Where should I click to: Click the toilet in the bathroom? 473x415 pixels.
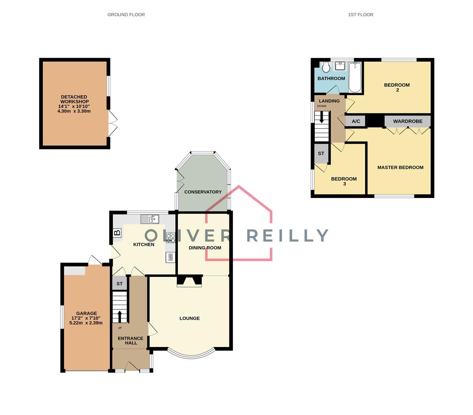326,67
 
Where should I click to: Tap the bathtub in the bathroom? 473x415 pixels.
355,77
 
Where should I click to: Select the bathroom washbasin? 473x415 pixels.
340,66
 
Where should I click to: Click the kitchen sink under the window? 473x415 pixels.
150,219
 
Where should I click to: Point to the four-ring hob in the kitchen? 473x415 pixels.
170,237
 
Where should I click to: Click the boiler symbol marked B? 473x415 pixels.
117,233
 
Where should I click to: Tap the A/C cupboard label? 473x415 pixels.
356,121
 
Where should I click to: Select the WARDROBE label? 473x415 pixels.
408,121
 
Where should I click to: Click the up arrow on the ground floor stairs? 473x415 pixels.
120,316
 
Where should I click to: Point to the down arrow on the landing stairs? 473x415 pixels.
321,118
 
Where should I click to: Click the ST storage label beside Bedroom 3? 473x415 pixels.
321,153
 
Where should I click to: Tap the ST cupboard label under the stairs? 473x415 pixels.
119,284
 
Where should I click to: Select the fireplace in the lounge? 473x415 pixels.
189,281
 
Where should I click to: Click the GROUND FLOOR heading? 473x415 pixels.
126,15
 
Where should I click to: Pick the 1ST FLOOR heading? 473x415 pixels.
361,15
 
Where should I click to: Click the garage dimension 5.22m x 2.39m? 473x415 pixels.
86,323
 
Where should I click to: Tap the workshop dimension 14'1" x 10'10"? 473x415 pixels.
74,106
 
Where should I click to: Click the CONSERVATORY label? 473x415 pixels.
203,192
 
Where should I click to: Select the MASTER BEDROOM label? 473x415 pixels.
400,168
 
